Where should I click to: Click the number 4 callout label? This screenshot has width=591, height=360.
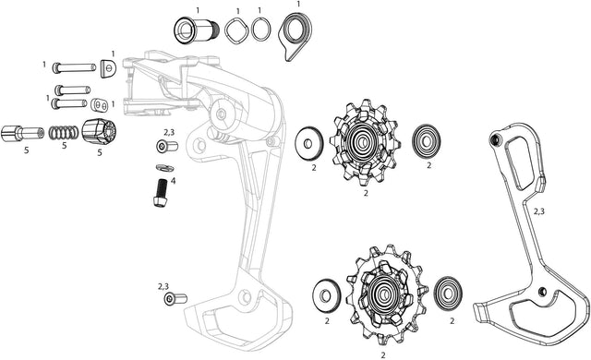click(x=173, y=181)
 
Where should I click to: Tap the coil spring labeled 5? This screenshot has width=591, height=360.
click(x=64, y=133)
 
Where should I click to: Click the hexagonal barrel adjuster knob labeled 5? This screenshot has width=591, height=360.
click(x=99, y=132)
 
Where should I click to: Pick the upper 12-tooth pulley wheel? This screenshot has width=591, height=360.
click(x=364, y=142)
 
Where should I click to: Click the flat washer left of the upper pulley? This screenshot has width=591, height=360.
click(x=309, y=143)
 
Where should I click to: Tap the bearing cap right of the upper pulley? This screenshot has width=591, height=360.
click(x=427, y=141)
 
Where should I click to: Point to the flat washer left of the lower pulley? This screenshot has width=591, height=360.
click(x=326, y=296)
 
